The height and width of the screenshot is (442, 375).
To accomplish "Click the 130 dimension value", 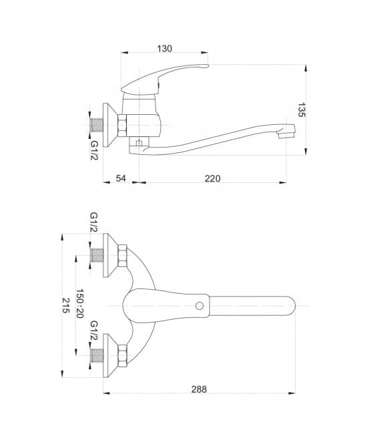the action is click(x=164, y=49).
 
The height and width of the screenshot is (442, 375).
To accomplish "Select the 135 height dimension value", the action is click(x=301, y=109).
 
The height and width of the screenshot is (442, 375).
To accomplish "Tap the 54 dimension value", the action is click(x=121, y=178).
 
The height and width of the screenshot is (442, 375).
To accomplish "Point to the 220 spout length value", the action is click(x=212, y=178).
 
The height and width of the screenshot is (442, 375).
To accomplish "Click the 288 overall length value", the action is click(x=199, y=389).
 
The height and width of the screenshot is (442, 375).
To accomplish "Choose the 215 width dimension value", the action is click(x=65, y=305).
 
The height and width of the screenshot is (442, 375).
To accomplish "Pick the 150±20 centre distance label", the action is click(x=79, y=303).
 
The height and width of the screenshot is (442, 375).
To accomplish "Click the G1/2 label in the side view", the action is click(x=94, y=150).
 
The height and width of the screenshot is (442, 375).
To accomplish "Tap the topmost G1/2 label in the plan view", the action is click(x=94, y=222).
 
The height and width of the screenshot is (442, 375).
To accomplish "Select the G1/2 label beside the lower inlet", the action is click(x=94, y=330).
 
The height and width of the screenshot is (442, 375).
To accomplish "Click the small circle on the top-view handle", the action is click(x=200, y=306).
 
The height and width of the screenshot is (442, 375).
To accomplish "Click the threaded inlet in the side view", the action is click(x=97, y=125).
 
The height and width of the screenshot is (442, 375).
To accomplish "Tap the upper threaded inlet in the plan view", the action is click(x=97, y=256).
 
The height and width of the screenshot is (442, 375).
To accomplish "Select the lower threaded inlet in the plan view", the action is click(x=97, y=355).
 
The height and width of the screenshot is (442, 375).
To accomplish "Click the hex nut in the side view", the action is click(x=122, y=126).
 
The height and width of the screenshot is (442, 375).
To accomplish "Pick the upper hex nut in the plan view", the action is click(x=122, y=256).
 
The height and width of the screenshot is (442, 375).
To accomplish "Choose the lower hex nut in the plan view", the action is click(x=122, y=356).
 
